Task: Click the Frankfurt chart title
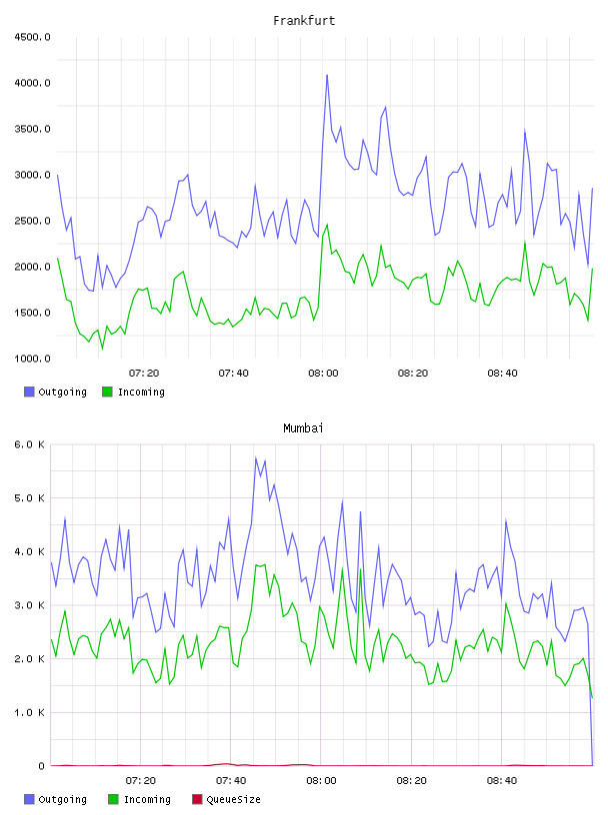click(x=304, y=21)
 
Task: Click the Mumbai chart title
click(x=303, y=428)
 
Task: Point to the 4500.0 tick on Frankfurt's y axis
click(x=32, y=37)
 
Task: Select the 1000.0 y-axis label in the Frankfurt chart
click(x=32, y=359)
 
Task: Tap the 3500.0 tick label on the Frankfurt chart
click(x=32, y=129)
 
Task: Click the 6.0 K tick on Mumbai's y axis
click(x=29, y=444)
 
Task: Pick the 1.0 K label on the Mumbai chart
click(x=29, y=712)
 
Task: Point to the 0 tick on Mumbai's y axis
click(x=41, y=766)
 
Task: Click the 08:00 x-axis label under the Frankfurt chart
click(x=323, y=374)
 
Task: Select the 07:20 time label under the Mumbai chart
click(x=141, y=781)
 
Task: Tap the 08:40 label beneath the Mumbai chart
click(x=502, y=781)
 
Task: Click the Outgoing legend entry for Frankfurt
click(x=55, y=392)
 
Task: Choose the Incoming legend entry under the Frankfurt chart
click(x=133, y=392)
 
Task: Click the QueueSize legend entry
click(x=226, y=799)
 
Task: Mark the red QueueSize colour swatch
click(x=197, y=799)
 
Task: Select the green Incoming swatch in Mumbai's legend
click(x=113, y=799)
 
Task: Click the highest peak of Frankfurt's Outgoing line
click(x=327, y=75)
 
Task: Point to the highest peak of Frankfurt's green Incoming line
click(x=327, y=225)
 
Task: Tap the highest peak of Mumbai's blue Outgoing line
click(x=256, y=457)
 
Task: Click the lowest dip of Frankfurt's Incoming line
click(x=102, y=349)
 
